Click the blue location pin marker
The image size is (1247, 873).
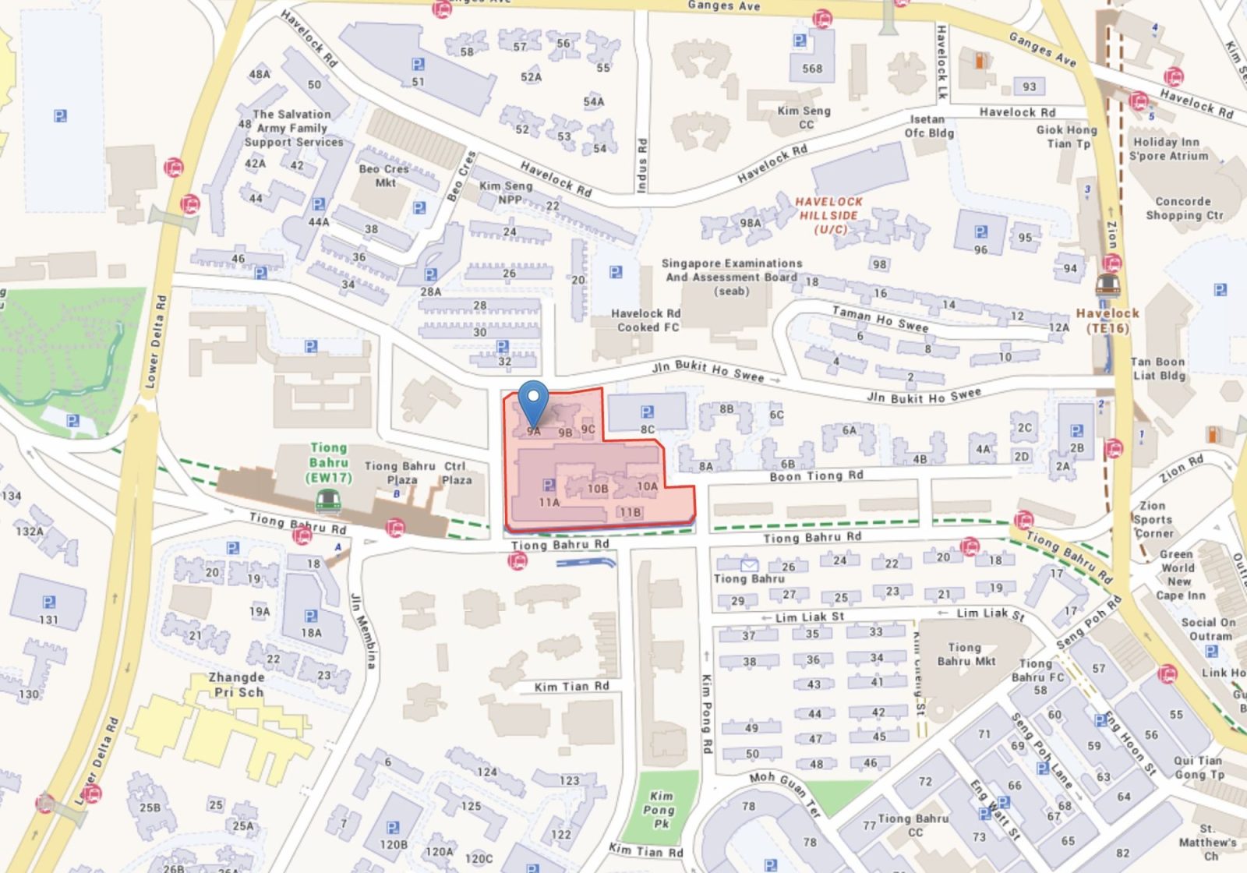tap(533, 401)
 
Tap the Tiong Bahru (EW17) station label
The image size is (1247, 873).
tap(328, 463)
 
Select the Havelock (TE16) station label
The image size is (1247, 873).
tap(1107, 320)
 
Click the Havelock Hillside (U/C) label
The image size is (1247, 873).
tap(829, 215)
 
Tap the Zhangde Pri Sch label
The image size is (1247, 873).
tap(236, 684)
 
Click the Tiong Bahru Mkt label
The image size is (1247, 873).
tap(966, 654)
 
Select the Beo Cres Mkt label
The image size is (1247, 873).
tap(384, 175)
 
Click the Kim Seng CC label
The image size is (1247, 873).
tap(804, 117)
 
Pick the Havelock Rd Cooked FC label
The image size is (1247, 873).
tap(646, 320)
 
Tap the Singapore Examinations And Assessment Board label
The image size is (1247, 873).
tap(731, 277)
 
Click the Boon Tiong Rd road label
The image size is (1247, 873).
tap(816, 475)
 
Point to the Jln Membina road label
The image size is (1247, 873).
tap(364, 631)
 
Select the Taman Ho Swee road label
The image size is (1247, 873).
tap(880, 319)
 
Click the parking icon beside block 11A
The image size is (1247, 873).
tap(549, 486)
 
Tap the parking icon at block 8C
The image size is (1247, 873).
tap(647, 412)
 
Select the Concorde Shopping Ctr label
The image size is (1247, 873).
tap(1184, 208)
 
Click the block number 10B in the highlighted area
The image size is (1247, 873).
tap(598, 489)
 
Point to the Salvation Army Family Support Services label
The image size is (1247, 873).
tap(293, 128)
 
